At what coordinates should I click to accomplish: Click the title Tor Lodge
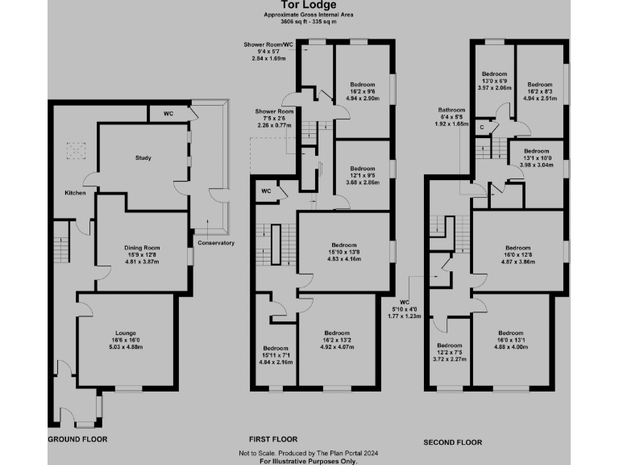309,6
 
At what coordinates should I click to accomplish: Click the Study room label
143,158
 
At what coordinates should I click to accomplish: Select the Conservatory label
215,242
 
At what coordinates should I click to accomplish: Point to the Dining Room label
142,247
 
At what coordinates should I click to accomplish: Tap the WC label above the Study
168,113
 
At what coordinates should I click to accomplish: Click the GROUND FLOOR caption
78,439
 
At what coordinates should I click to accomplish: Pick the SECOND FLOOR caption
453,442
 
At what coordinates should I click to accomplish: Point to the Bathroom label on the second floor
451,110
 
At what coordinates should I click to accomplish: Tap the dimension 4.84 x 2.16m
276,362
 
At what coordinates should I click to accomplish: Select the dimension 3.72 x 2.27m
450,358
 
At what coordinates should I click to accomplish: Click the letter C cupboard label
482,127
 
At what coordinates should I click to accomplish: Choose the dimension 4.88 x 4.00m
512,346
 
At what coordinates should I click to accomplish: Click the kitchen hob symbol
75,150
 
